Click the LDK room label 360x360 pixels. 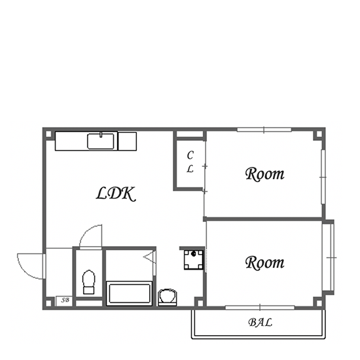point(115,194)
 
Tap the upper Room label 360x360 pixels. point(264,174)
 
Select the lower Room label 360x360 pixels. point(264,262)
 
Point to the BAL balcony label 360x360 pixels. point(260,322)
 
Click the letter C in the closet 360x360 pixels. point(190,155)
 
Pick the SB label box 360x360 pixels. point(64,301)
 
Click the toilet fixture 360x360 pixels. point(88,282)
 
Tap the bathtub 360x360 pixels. point(130,293)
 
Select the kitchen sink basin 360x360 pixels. point(101,141)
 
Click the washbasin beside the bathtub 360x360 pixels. point(168,297)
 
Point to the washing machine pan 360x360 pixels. point(194,260)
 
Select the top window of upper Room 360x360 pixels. point(264,130)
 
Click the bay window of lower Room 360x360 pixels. point(329,258)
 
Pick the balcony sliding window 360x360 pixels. point(260,308)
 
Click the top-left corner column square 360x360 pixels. point(48,134)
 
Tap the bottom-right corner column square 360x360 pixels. point(319,303)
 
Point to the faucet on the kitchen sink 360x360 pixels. point(101,135)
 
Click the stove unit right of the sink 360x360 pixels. point(127,141)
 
